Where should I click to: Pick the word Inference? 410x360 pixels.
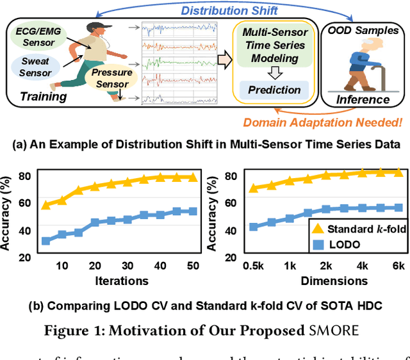pos(363,99)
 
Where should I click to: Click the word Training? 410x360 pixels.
pos(43,97)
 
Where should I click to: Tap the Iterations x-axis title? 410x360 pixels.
pos(122,281)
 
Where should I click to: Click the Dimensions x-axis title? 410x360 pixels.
pos(334,281)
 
